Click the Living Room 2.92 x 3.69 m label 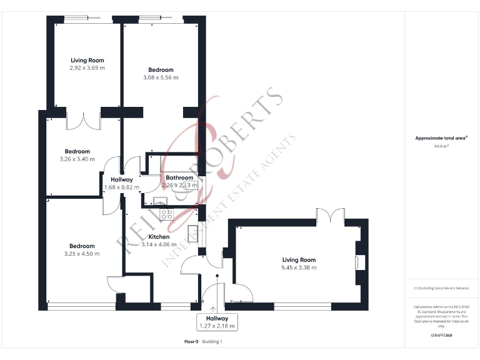(x=87, y=64)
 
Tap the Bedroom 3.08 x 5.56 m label (x=161, y=74)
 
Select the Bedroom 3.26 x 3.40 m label (x=77, y=155)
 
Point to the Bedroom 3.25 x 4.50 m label (x=82, y=250)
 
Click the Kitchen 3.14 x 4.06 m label (x=159, y=241)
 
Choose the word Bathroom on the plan (x=179, y=177)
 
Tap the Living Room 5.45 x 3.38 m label (x=299, y=264)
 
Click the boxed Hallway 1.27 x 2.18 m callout (x=217, y=322)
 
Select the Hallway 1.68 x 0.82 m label (x=122, y=182)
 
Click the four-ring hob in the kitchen (x=167, y=213)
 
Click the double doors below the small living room (x=83, y=120)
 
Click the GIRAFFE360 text (x=441, y=336)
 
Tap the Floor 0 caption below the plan (x=191, y=341)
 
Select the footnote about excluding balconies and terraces (x=441, y=288)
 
